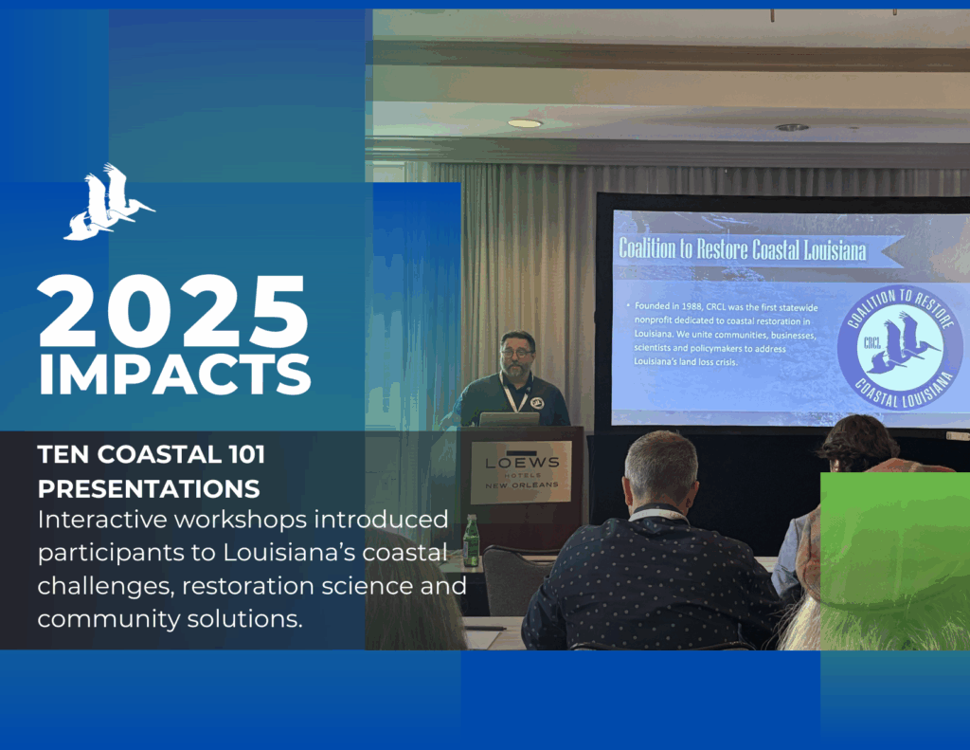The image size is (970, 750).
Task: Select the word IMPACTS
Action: coord(174,375)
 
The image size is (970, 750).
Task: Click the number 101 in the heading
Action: coord(247,454)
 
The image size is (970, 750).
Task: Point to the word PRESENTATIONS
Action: coord(149,489)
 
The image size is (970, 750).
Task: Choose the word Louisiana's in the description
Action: coord(289,553)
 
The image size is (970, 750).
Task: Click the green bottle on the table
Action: coord(471,540)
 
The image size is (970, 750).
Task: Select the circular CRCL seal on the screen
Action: coord(899,347)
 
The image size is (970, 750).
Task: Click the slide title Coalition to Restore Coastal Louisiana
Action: coord(743,249)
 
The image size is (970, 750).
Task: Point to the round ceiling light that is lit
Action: coord(525,123)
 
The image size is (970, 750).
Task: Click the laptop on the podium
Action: coord(509,419)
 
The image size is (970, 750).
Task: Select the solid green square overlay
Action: coord(895,561)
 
